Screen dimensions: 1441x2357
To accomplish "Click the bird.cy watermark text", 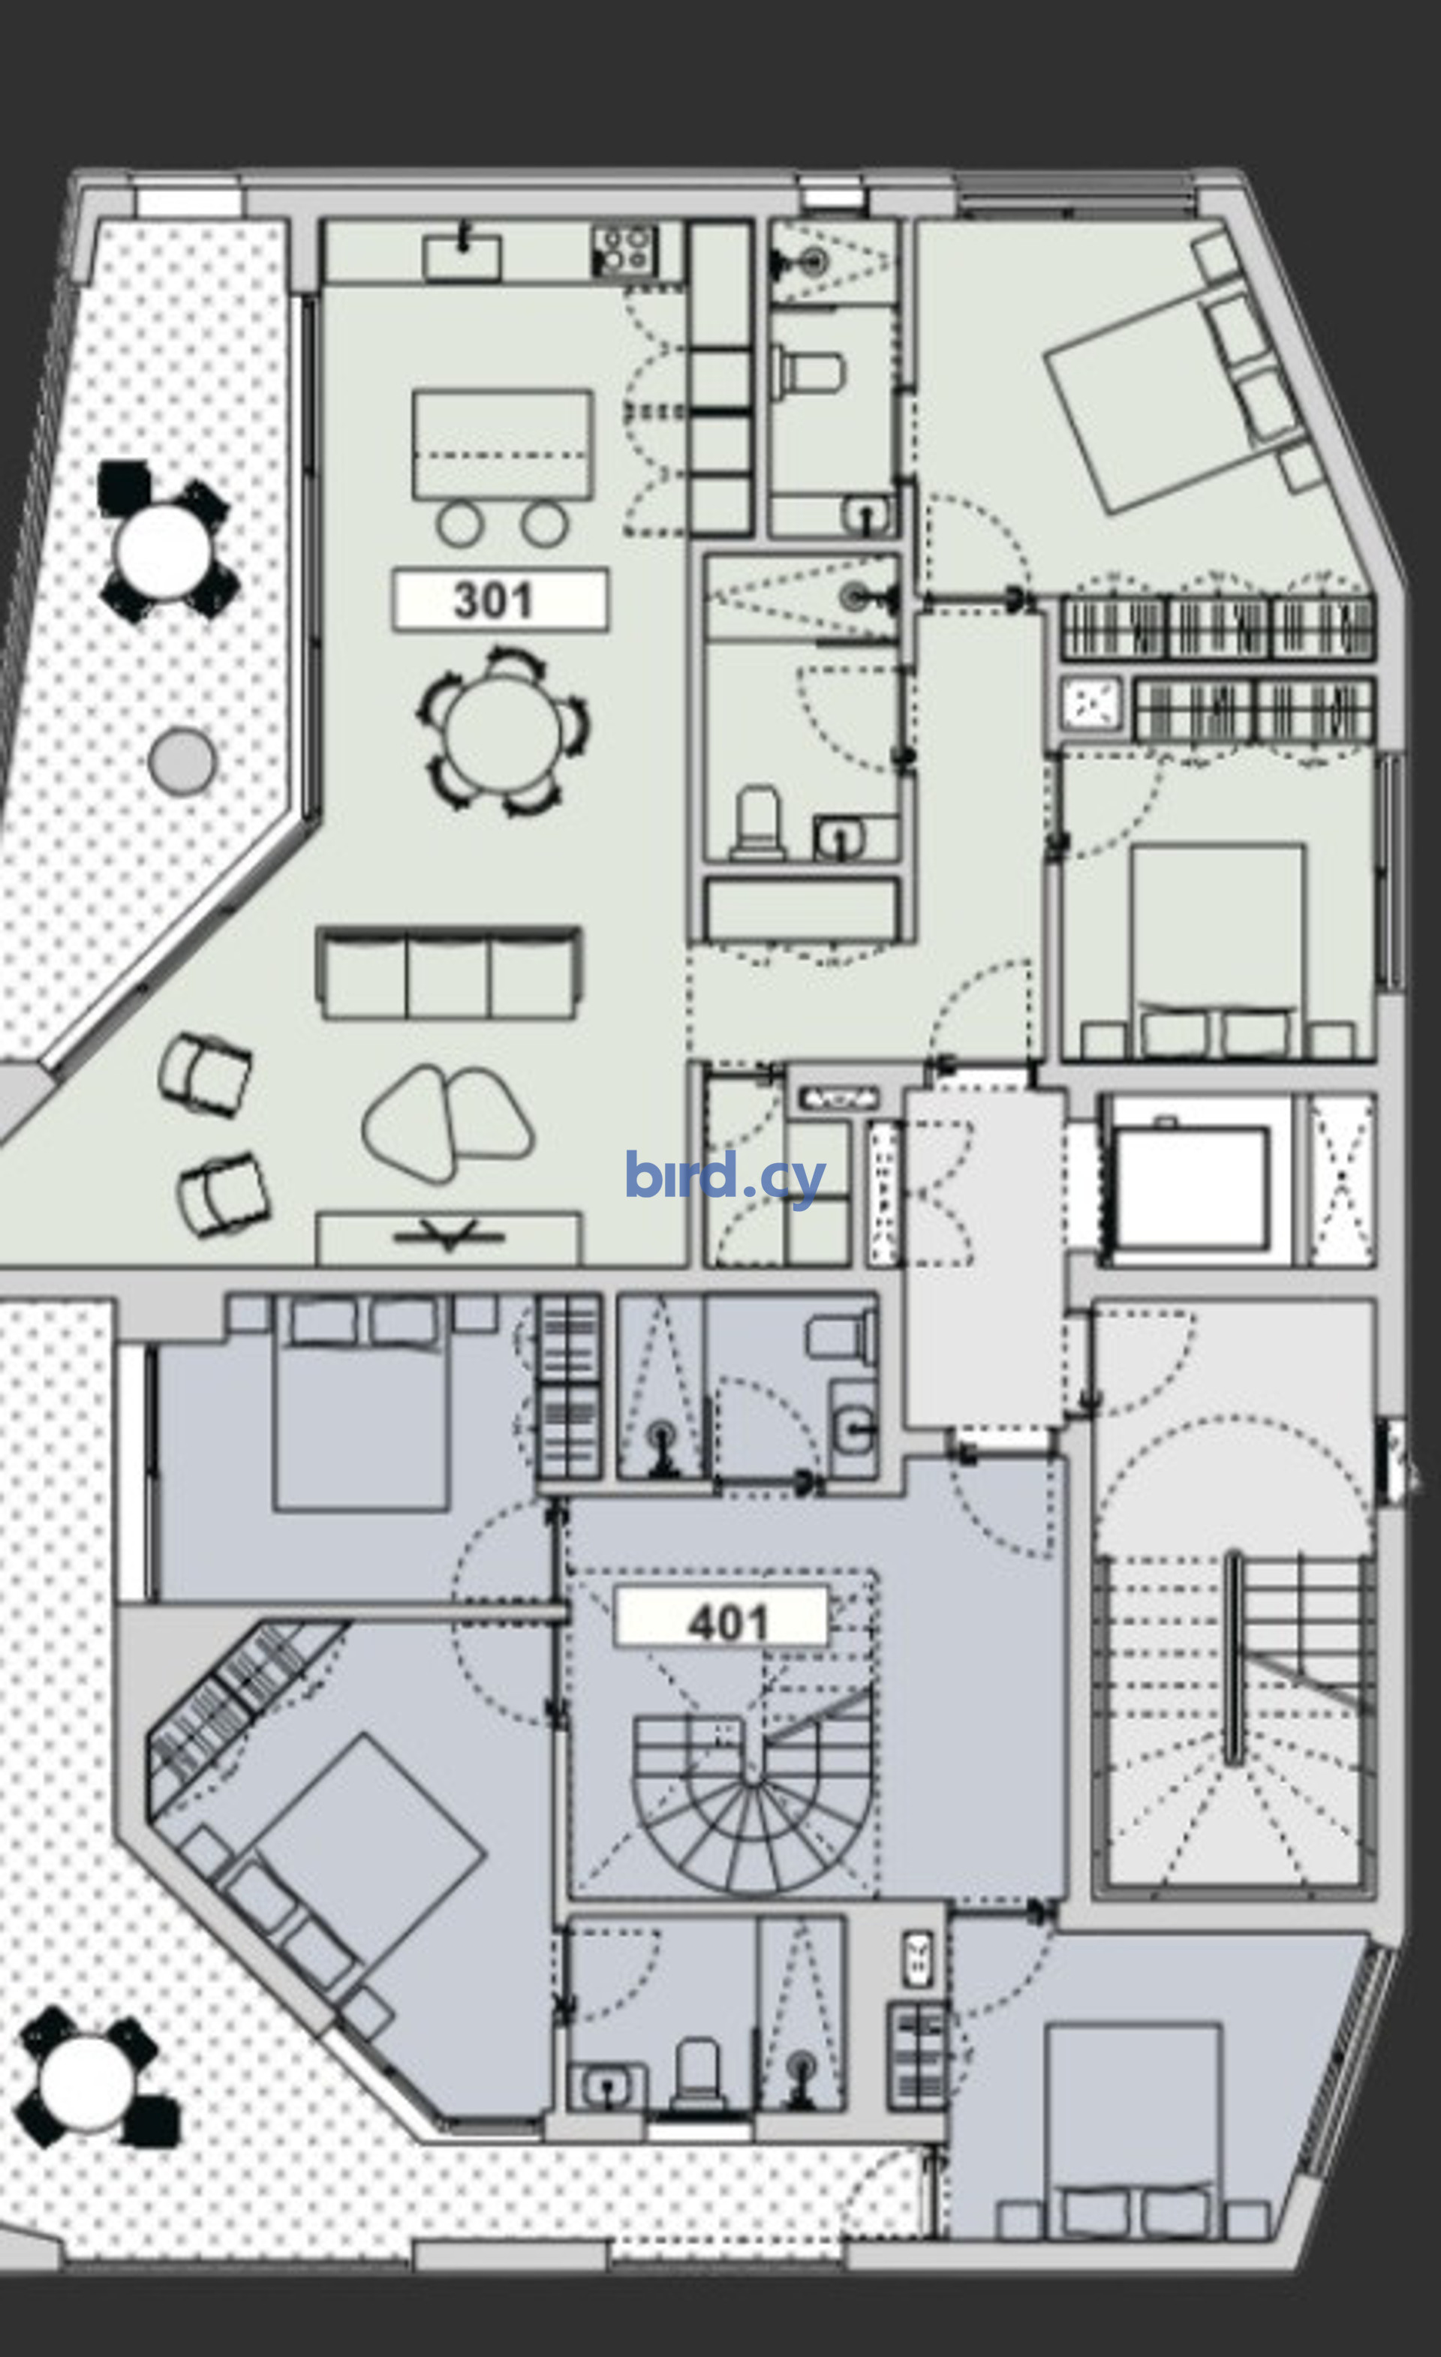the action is [x=725, y=1177].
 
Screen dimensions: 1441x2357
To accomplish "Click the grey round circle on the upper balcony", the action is [x=182, y=760].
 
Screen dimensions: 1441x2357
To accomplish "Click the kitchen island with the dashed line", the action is [x=502, y=445].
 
